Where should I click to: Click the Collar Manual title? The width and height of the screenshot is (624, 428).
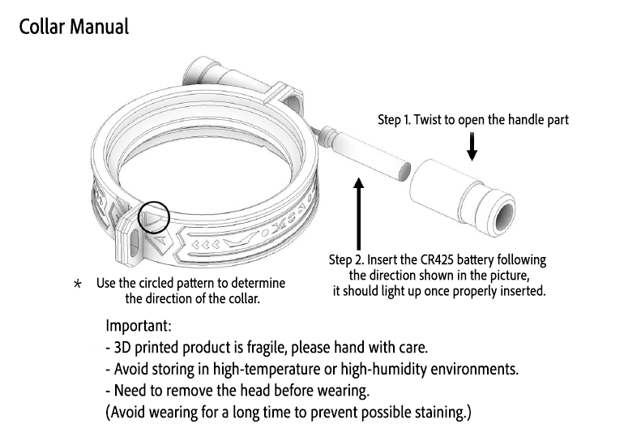coord(74,27)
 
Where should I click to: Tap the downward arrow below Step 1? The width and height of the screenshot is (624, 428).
coord(472,147)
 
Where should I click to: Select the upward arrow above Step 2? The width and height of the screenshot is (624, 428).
coord(359,214)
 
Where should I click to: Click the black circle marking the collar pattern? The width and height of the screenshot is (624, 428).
coord(154,217)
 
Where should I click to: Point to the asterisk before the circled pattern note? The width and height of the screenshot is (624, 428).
coord(78,284)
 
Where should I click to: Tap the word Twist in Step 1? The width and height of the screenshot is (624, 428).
coord(427,120)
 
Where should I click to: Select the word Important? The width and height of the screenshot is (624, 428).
coord(139,326)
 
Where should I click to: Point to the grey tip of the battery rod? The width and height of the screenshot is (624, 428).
coord(404,171)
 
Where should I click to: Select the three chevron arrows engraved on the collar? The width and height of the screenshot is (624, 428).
coord(205,244)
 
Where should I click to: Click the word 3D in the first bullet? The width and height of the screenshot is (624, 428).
coord(122,348)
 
